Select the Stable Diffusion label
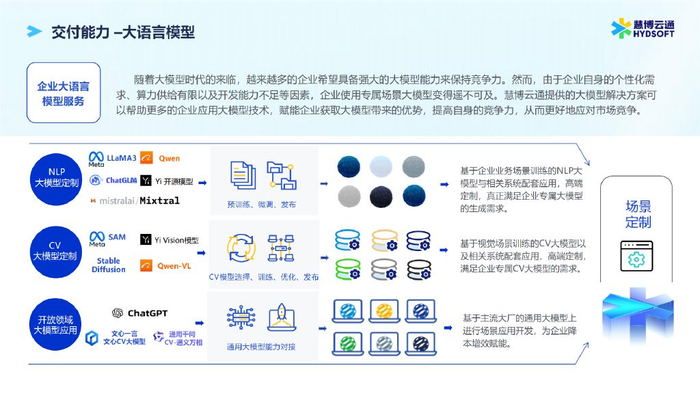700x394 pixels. [110, 264]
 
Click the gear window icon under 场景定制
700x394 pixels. [634, 260]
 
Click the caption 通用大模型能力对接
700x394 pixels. [263, 346]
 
